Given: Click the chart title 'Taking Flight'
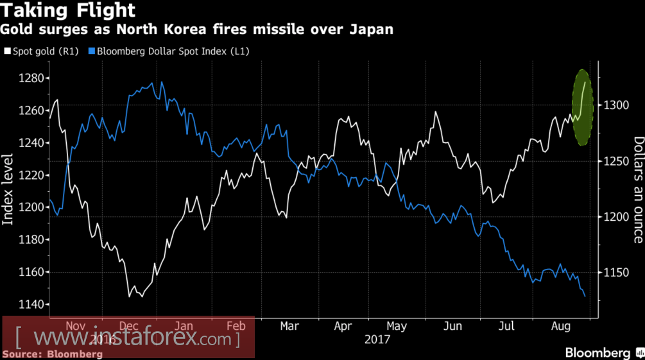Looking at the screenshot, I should pos(69,11).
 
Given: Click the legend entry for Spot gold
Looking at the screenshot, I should pos(42,51).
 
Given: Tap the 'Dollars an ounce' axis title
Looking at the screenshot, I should pos(638,190).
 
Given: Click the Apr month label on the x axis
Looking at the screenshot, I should pos(344,326).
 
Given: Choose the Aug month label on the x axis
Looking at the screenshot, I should pos(562,326).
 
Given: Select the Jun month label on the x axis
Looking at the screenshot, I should pos(453,326).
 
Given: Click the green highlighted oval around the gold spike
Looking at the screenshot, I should pos(582,107).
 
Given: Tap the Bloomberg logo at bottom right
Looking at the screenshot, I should pos(598,353).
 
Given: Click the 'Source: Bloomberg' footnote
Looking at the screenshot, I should pos(53,354).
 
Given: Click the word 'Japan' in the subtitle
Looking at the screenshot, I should pos(370,30).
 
